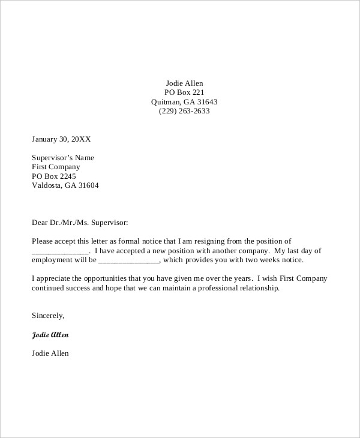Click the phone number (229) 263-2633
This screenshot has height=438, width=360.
[x=184, y=111]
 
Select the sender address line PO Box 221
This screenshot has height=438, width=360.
[x=184, y=92]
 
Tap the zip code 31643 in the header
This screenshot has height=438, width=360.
[x=206, y=102]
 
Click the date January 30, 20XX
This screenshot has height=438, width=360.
[x=61, y=139]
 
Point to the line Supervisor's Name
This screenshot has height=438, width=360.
[x=62, y=158]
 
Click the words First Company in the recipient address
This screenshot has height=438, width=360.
[x=55, y=167]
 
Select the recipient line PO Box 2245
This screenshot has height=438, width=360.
[x=55, y=176]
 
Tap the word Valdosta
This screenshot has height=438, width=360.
[x=47, y=185]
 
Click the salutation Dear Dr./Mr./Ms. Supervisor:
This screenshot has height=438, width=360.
[x=80, y=223]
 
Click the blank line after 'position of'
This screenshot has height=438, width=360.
[x=59, y=251]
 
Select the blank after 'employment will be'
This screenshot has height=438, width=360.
[x=128, y=260]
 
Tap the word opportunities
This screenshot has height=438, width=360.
[x=111, y=279]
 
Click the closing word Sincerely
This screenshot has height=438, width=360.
[x=47, y=316]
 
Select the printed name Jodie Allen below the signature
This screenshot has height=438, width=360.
[x=50, y=353]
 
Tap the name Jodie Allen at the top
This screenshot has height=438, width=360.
[x=184, y=83]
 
